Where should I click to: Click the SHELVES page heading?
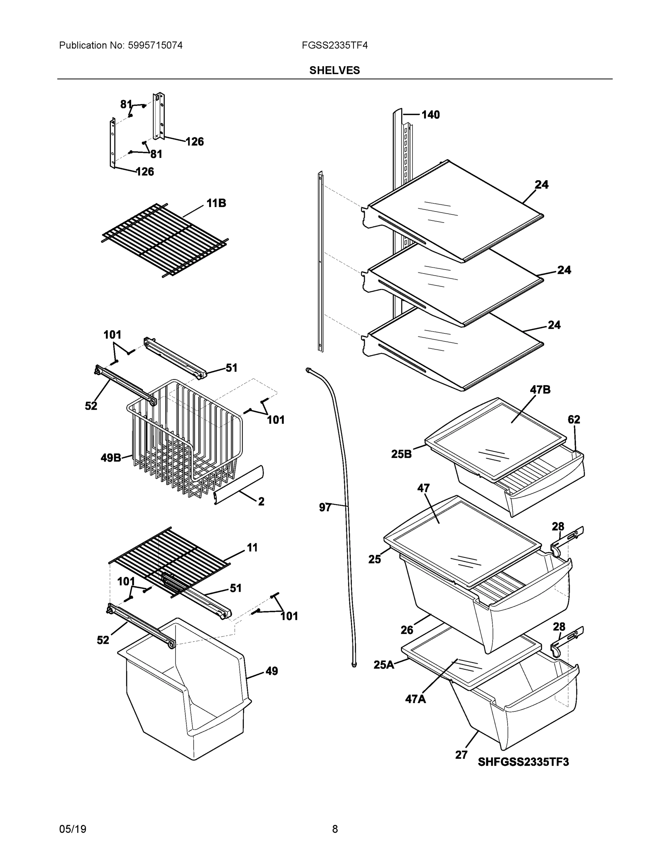pos(334,70)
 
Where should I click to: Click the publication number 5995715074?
pos(155,45)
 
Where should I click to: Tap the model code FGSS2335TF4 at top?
pos(334,45)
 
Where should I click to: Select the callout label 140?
pos(430,115)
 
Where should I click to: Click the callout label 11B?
pos(216,203)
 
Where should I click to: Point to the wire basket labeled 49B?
pos(186,441)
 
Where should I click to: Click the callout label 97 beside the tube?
pos(325,507)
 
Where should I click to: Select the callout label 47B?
pos(540,390)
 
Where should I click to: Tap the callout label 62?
pos(574,420)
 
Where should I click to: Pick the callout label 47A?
pos(415,699)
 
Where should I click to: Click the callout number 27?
pos(461,755)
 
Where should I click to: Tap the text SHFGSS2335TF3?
pos(523,762)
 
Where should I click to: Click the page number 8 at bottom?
pos(334,829)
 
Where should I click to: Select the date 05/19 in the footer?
pos(73,829)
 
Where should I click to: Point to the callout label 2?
pos(261,501)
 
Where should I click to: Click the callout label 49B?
pos(111,458)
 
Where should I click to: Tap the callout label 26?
pos(407,630)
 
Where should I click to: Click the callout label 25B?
pos(401,454)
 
